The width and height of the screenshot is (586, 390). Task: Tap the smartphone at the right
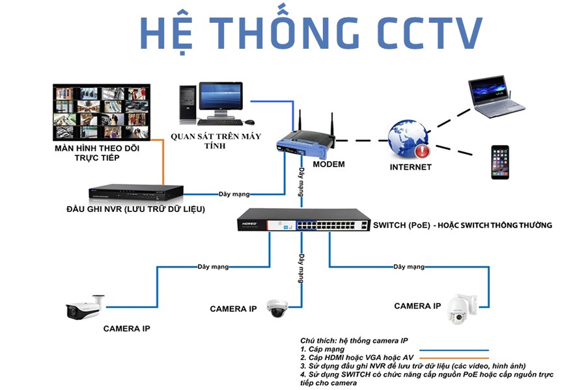(x=499, y=162)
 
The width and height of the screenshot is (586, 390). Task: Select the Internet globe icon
(x=408, y=139)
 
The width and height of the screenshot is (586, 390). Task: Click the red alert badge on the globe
(x=423, y=152)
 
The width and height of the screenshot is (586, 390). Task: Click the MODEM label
(x=329, y=164)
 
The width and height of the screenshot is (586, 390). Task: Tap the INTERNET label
(x=410, y=167)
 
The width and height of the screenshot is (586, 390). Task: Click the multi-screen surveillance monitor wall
(x=101, y=112)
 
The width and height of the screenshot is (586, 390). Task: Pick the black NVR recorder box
(x=136, y=192)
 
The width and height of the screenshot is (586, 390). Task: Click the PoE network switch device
(x=303, y=221)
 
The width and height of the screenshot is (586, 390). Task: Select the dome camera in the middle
(x=276, y=308)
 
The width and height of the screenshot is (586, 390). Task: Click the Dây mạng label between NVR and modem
(x=234, y=194)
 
